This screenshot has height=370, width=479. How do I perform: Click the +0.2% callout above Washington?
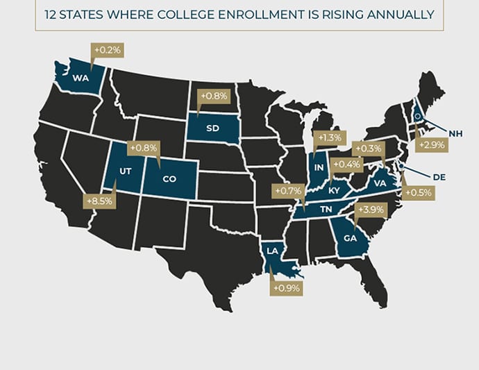[x=107, y=50]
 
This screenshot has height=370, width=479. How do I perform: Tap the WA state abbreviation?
[x=80, y=77]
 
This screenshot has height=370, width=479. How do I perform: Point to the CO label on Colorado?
[x=169, y=178]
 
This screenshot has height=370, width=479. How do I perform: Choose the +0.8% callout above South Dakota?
[x=213, y=96]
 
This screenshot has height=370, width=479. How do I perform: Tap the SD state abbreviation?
[x=212, y=128]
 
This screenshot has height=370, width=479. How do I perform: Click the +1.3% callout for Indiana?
[x=329, y=138]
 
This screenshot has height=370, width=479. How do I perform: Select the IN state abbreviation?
[x=319, y=168]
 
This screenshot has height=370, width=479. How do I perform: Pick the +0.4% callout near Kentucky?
[x=346, y=165]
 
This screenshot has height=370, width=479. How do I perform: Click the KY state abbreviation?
[x=334, y=190]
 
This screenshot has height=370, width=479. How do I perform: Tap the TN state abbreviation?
[x=323, y=208]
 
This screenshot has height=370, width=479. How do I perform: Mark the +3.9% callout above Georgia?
[x=370, y=210]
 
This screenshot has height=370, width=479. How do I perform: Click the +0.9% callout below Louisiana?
[x=286, y=287]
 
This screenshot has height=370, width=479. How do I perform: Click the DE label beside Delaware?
[x=438, y=177]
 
